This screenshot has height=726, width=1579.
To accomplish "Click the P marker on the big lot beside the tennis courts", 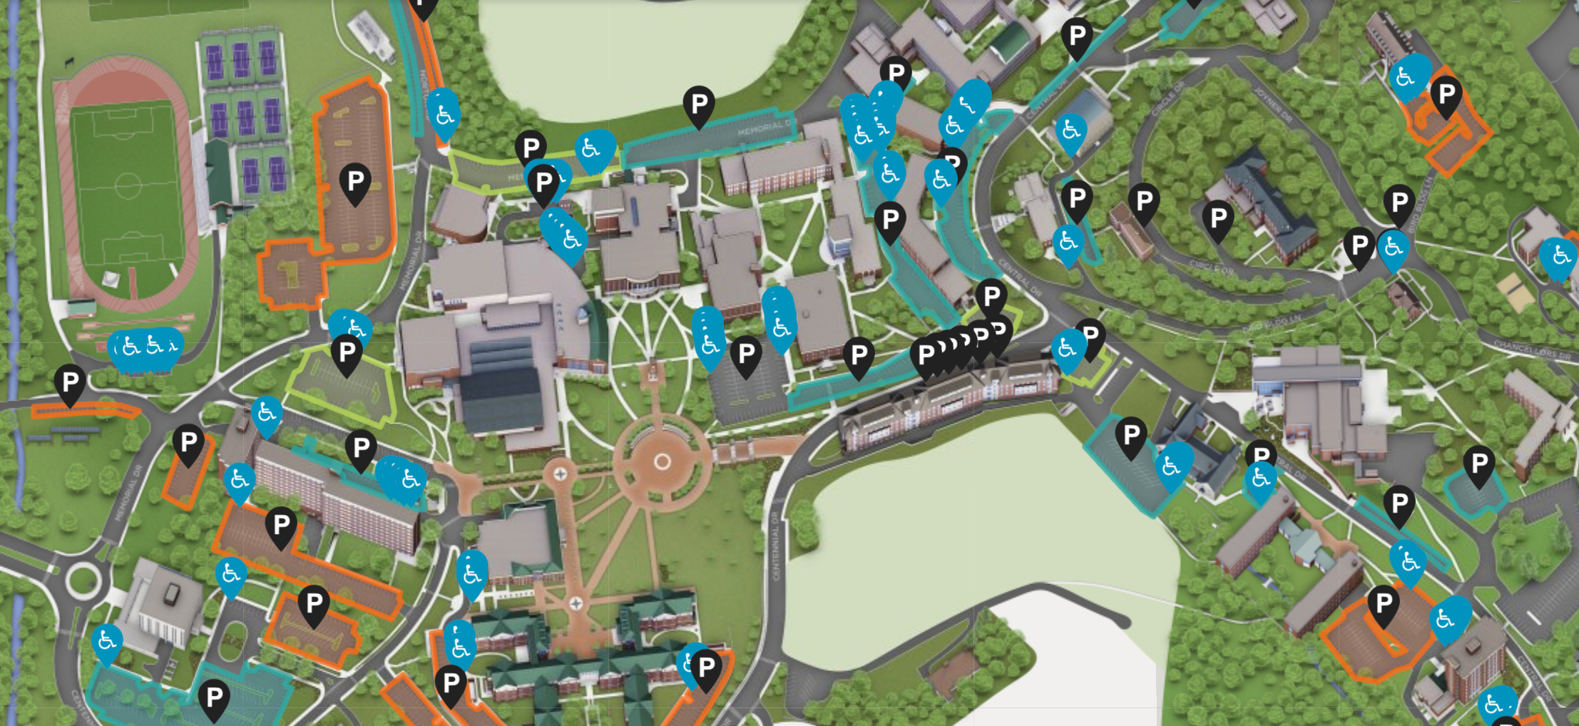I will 355,181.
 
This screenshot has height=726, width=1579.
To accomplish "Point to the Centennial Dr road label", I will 775,546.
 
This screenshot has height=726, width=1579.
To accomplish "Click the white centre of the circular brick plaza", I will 662,462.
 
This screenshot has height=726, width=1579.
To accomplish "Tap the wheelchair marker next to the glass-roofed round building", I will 1070,131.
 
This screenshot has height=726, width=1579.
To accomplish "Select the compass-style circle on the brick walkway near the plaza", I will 561,474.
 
